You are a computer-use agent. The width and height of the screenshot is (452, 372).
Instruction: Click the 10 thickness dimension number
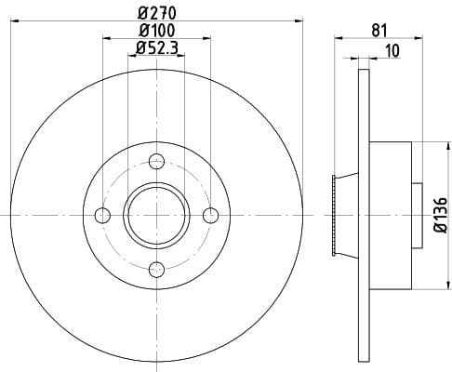tap(392, 51)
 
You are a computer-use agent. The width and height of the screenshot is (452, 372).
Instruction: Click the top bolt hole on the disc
tap(156, 161)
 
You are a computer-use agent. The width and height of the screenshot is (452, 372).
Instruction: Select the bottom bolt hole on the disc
tap(156, 270)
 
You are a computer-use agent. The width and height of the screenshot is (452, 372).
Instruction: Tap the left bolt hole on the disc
tap(102, 216)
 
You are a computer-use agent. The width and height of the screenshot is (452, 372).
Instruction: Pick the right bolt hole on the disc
tap(210, 216)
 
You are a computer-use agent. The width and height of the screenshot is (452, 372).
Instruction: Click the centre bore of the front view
tap(156, 216)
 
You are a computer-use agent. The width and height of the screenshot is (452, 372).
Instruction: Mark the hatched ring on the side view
tap(333, 216)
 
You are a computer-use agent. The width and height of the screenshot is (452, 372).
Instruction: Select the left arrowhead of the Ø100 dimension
tap(105, 39)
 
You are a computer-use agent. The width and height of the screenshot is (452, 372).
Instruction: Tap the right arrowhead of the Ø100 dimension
tap(206, 39)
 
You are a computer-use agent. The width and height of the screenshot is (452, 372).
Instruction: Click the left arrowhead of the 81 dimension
tap(337, 39)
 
